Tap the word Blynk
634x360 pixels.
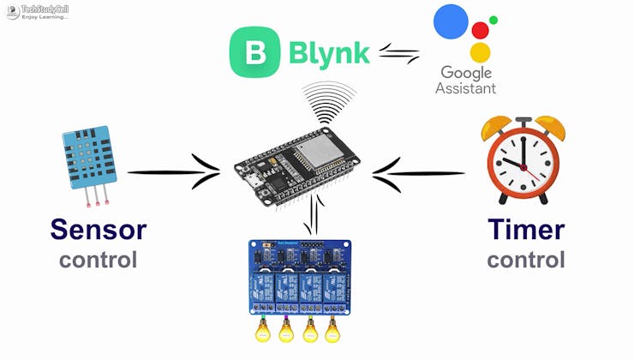(x=329, y=53)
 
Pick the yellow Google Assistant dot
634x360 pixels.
(x=481, y=52)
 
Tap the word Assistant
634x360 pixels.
(x=465, y=88)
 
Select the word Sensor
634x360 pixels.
(x=98, y=230)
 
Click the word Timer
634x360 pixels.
(x=526, y=230)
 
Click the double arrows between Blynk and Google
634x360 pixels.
(x=399, y=55)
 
